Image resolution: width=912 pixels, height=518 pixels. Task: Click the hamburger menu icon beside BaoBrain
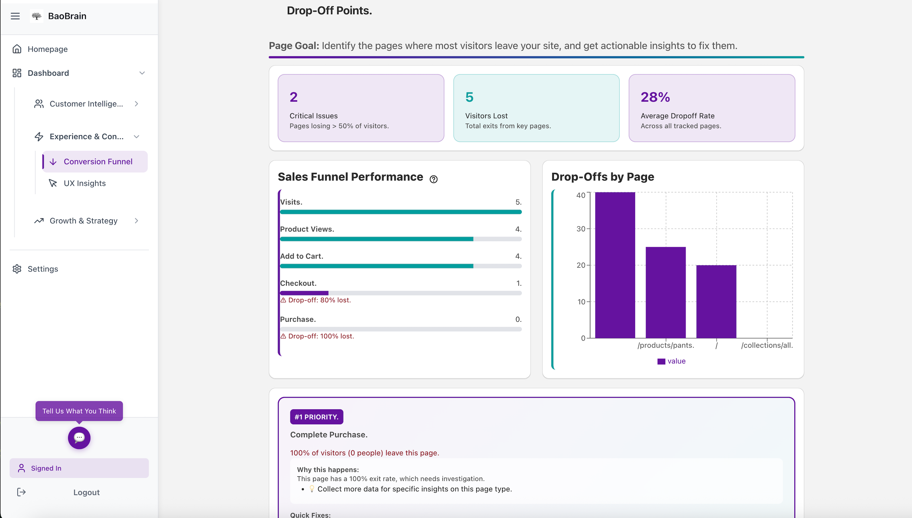(15, 16)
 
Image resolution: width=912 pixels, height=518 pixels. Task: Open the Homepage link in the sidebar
(47, 49)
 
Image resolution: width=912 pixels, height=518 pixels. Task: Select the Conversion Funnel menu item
(98, 162)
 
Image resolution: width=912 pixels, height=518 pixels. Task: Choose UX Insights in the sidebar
(84, 183)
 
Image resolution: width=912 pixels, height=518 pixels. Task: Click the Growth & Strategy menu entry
(83, 221)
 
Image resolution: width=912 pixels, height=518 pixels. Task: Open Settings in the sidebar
(43, 269)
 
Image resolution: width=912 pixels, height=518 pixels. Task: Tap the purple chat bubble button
(79, 438)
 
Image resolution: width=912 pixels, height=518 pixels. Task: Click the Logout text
(86, 492)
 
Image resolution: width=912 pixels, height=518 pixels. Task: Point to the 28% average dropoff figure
(655, 97)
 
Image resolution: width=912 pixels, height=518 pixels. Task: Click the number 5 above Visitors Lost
(469, 97)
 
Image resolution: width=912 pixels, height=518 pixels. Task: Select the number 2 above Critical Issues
(293, 97)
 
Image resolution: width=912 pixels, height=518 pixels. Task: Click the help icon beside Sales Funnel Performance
(433, 179)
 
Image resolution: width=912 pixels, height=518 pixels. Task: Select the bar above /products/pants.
(665, 293)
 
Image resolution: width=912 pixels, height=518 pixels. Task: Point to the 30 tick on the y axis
(581, 229)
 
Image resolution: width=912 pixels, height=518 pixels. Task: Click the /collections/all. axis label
(767, 345)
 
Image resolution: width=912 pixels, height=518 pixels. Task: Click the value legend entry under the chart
(671, 361)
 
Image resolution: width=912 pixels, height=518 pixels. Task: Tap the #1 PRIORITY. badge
(317, 417)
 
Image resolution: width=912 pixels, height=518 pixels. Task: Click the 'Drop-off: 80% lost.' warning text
(319, 300)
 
